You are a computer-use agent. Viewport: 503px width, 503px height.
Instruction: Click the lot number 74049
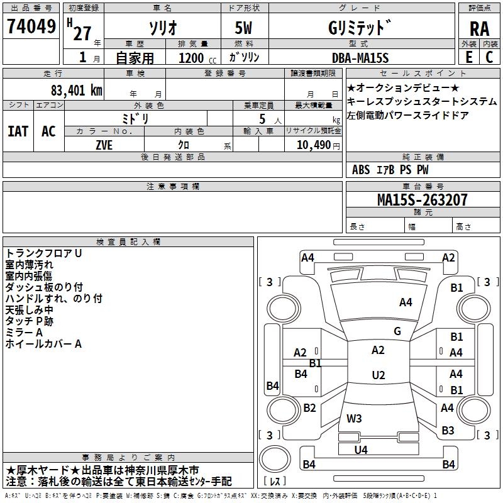[31, 26]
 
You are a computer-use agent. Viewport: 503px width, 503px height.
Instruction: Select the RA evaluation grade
[479, 29]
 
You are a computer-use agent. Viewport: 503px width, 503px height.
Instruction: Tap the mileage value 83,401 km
[76, 91]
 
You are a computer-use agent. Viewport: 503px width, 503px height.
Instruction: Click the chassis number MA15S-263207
[422, 199]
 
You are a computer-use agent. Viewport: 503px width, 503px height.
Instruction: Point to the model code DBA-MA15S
[360, 58]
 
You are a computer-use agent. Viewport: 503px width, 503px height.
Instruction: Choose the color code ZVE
[104, 145]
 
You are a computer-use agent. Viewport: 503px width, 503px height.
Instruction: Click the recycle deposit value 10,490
[314, 145]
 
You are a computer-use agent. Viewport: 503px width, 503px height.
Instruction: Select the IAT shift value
[18, 131]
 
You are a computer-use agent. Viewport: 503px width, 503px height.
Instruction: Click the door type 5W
[243, 28]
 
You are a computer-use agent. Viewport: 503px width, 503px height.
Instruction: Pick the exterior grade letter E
[469, 57]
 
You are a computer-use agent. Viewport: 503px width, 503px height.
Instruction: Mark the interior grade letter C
[489, 57]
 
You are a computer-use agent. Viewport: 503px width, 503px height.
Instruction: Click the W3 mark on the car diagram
[354, 418]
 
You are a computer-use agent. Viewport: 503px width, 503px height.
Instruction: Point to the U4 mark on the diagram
[361, 450]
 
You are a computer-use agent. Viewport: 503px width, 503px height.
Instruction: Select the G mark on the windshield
[397, 331]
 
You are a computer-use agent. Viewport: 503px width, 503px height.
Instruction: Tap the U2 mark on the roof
[379, 375]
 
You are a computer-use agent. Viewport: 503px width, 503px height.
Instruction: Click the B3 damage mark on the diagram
[448, 430]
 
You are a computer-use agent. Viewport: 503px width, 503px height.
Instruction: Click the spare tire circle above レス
[275, 459]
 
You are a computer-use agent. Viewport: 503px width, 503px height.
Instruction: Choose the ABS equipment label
[361, 170]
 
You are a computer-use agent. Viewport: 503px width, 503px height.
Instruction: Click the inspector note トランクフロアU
[43, 253]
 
